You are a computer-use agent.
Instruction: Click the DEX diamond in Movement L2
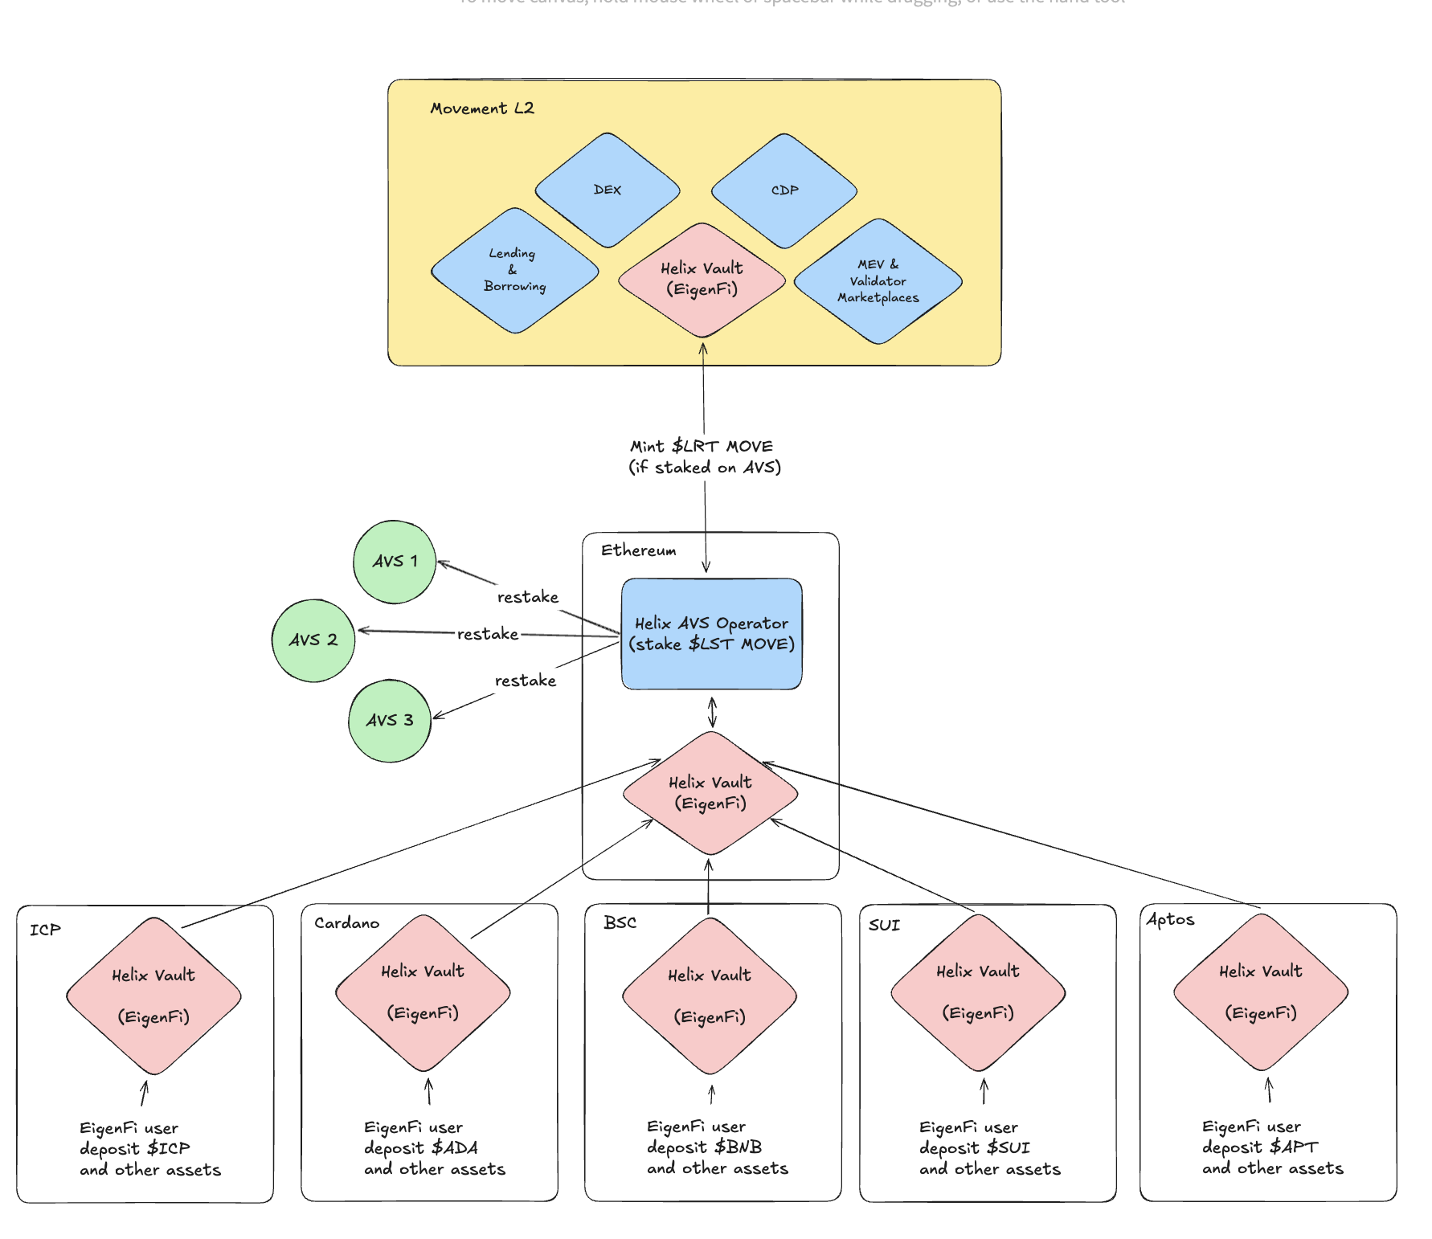[x=608, y=190]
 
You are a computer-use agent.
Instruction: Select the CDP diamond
[x=784, y=190]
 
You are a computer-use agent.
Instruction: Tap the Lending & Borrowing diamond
[x=515, y=270]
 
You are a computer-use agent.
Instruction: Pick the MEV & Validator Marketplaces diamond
[x=878, y=281]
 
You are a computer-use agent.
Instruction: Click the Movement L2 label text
[x=481, y=108]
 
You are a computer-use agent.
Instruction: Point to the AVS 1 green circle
[x=395, y=562]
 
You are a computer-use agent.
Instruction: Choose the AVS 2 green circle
[x=313, y=640]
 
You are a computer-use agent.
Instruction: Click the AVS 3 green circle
[x=390, y=721]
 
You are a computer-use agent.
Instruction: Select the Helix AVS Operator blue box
[x=712, y=634]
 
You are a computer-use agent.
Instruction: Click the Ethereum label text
[x=638, y=550]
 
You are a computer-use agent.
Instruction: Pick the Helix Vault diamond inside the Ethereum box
[x=710, y=793]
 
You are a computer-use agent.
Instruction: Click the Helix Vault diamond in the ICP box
[x=153, y=996]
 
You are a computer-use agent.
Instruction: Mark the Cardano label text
[x=346, y=923]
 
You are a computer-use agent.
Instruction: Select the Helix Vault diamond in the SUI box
[x=978, y=993]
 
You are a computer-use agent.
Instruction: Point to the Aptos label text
[x=1170, y=919]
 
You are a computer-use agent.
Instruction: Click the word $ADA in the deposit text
[x=454, y=1148]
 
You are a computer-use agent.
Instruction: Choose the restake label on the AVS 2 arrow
[x=488, y=634]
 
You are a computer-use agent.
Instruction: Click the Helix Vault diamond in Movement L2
[x=702, y=280]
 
